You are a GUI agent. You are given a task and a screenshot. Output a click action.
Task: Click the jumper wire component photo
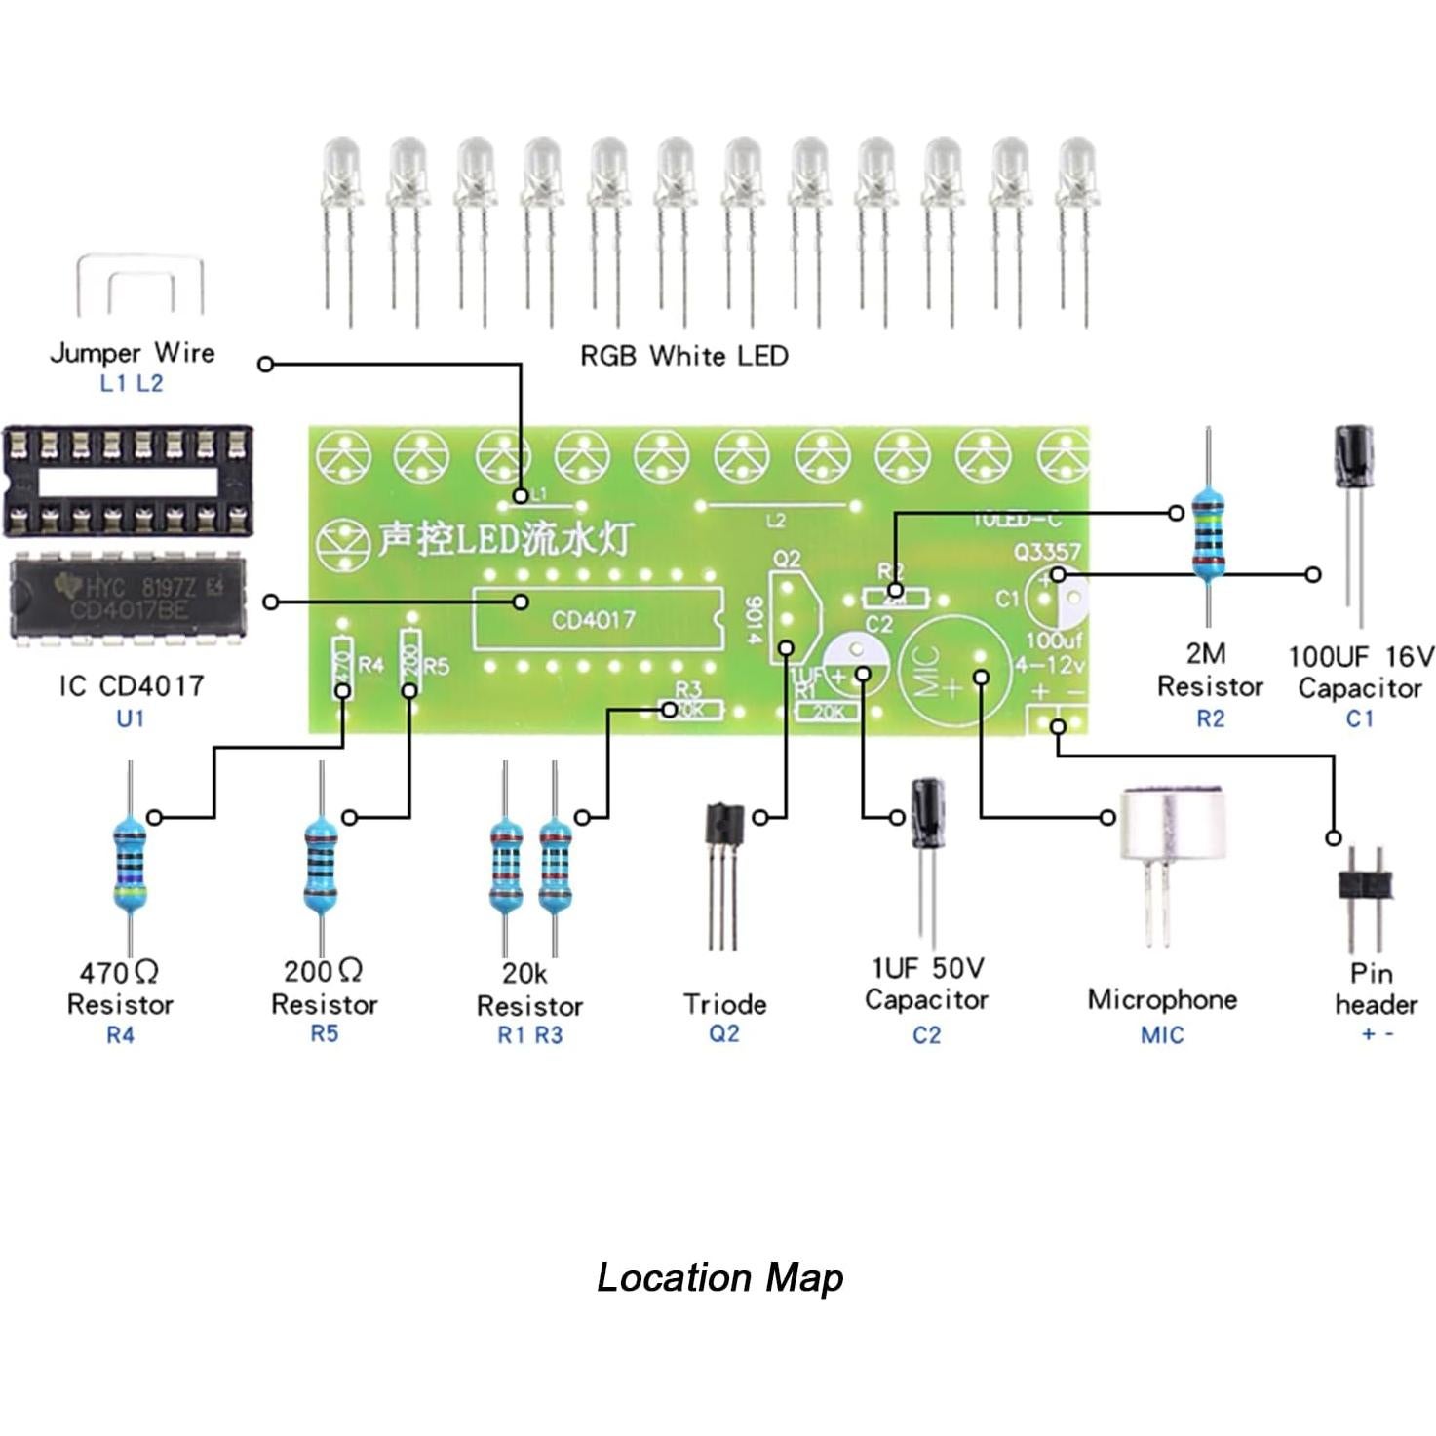(140, 285)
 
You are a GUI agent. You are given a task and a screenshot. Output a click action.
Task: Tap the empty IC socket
(127, 480)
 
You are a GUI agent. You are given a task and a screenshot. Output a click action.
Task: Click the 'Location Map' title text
(719, 1277)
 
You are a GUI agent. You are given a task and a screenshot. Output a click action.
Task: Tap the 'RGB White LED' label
(683, 356)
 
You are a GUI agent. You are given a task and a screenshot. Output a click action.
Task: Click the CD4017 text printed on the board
(593, 620)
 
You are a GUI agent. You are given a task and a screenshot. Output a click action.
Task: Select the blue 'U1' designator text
(130, 718)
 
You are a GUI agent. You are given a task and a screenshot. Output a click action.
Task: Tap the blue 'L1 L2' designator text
(131, 383)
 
